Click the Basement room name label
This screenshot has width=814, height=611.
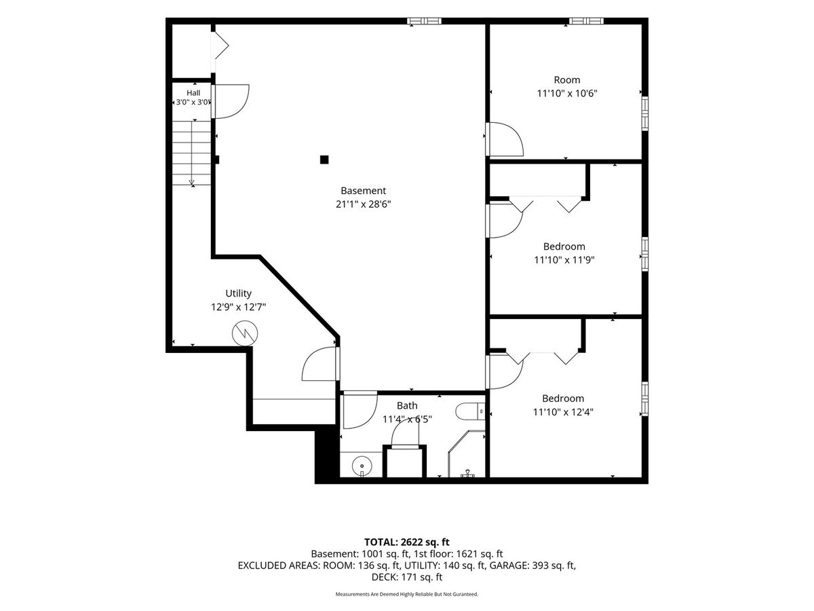363,191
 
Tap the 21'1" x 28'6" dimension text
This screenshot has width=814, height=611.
363,204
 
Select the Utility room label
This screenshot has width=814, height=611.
239,293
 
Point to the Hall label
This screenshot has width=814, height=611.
193,93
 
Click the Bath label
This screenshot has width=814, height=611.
407,405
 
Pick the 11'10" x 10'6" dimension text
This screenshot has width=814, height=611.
567,93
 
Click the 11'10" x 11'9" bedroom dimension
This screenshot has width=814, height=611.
564,260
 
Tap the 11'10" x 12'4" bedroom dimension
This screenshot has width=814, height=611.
563,412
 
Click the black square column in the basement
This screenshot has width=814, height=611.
324,160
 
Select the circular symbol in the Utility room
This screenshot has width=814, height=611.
245,333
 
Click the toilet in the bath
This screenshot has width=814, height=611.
470,411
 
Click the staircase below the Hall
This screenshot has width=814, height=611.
192,153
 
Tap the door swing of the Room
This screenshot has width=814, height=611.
505,139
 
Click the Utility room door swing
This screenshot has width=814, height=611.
320,364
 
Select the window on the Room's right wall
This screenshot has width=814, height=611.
645,113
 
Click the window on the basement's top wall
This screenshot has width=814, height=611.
424,21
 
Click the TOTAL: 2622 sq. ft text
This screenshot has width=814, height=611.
407,542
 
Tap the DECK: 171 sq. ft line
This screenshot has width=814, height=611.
407,577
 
